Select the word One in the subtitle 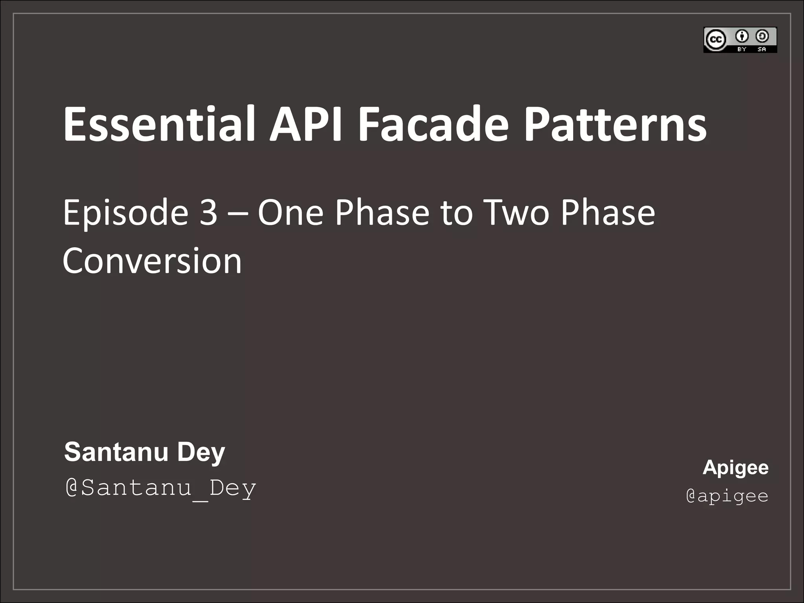[x=290, y=212]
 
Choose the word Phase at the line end [x=608, y=212]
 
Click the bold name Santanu [x=116, y=452]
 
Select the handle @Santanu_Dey [x=160, y=488]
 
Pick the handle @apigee [x=727, y=496]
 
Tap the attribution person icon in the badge [x=742, y=37]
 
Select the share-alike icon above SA [x=762, y=37]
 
